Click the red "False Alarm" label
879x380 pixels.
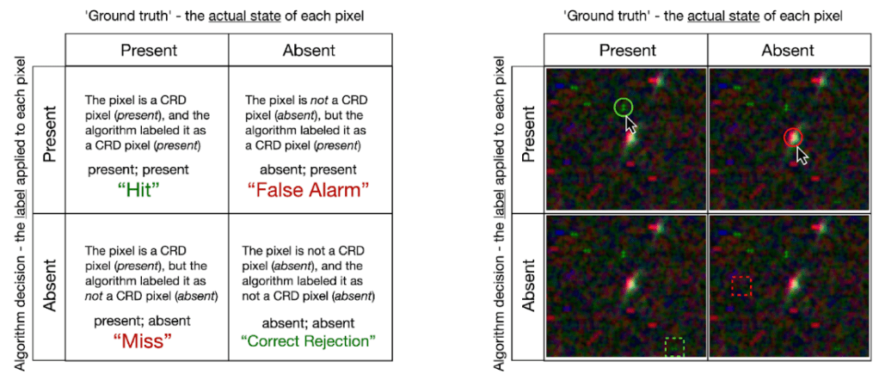[x=308, y=191]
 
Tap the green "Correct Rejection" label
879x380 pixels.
[x=308, y=340]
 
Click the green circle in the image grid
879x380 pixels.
[x=623, y=106]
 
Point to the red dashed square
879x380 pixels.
[x=741, y=285]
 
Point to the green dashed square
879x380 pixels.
[x=674, y=347]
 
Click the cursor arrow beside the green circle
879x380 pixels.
[x=631, y=124]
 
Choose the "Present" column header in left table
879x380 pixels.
[x=149, y=51]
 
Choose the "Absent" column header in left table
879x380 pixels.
[x=309, y=51]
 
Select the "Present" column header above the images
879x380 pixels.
[x=627, y=51]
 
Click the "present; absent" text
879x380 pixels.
[x=143, y=322]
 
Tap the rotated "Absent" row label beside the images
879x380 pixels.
[x=529, y=285]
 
